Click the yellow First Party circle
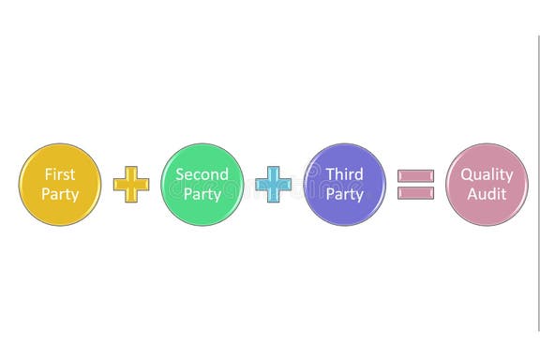(60, 184)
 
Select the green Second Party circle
(202, 184)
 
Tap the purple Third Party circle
(344, 184)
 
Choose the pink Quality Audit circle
(487, 184)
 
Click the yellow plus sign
(131, 184)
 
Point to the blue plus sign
(274, 184)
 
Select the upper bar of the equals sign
(415, 175)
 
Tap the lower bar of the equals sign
(415, 192)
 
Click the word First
(60, 174)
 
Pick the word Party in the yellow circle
(60, 195)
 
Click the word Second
(202, 174)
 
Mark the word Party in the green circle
(202, 195)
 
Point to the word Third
(344, 174)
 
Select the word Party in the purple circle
(344, 195)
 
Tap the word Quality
(487, 174)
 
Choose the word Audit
(487, 194)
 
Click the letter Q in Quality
(466, 174)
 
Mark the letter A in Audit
(472, 194)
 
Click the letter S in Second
(180, 174)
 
